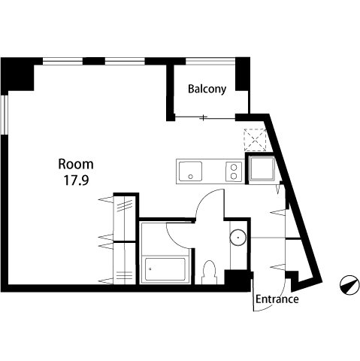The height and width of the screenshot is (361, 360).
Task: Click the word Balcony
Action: click(x=207, y=89)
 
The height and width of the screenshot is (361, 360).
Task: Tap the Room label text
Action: click(x=76, y=164)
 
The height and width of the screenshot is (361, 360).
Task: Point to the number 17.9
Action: click(x=77, y=180)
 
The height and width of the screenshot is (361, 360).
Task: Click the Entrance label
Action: click(x=277, y=299)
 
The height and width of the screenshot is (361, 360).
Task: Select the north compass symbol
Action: click(x=349, y=285)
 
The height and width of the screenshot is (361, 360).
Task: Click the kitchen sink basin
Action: click(x=190, y=171)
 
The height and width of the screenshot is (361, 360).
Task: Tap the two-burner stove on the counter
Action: click(x=234, y=171)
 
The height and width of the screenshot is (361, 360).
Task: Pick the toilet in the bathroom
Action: click(x=209, y=272)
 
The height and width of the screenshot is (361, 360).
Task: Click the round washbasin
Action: click(x=237, y=237)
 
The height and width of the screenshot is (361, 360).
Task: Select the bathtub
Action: click(x=165, y=269)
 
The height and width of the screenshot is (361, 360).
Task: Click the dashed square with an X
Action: click(x=255, y=140)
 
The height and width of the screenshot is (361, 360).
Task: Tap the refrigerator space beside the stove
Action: click(x=262, y=168)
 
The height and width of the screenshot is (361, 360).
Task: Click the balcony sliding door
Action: click(x=205, y=117)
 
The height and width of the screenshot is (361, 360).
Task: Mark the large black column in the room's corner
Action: click(x=17, y=74)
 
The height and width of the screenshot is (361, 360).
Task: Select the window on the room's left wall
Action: click(x=5, y=115)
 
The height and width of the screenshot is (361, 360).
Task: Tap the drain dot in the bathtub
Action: click(x=150, y=269)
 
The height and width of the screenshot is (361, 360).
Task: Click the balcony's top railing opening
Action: click(x=210, y=62)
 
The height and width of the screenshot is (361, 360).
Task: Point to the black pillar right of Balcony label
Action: click(x=242, y=74)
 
